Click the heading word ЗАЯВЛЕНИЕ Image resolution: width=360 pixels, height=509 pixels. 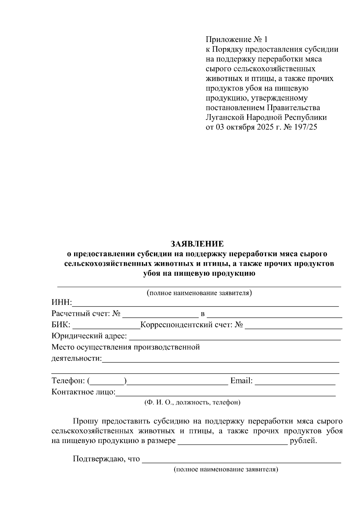point(197,244)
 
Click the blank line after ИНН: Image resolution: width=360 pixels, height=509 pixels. point(205,304)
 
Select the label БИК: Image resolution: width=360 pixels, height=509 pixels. point(61,325)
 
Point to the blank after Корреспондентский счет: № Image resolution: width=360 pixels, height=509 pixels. point(293,326)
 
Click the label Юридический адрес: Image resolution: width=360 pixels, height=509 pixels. point(89,336)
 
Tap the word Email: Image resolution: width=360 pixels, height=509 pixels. point(241,381)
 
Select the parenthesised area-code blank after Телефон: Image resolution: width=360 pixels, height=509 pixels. point(107,382)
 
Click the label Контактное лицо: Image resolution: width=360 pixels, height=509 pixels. point(83,392)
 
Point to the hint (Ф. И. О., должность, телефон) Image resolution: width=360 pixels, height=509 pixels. point(192,403)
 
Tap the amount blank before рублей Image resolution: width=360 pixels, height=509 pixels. point(233,442)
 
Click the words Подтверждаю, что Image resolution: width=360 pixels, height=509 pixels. point(106,459)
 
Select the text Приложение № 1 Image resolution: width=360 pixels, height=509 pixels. point(236,40)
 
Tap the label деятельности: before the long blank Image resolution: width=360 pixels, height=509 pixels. point(76,358)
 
